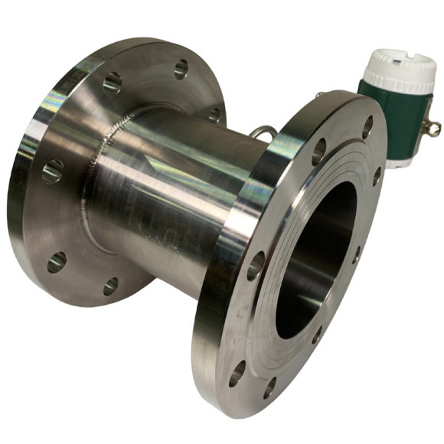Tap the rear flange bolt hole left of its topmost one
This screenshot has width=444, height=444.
tap(112, 81)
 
